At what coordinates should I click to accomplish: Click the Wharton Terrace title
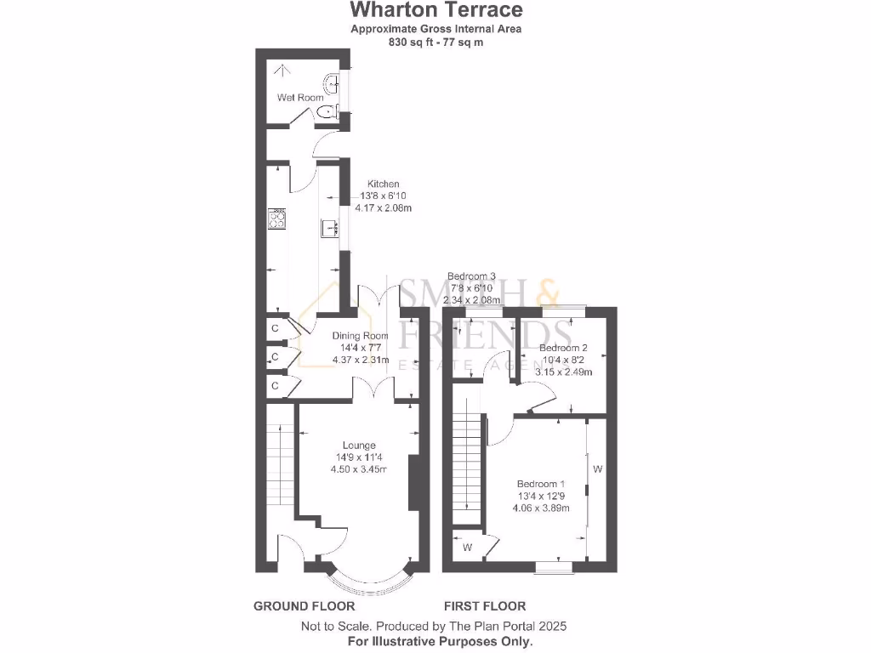pos(436,10)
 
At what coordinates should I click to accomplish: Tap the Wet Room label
pos(300,98)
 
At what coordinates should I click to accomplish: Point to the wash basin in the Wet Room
pos(333,83)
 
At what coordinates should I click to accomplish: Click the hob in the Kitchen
pos(277,219)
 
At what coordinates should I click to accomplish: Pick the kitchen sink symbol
pos(330,228)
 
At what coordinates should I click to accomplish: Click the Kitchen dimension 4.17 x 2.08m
pos(384,207)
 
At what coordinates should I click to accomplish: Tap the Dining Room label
pos(359,336)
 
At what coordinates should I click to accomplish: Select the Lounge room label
pos(359,446)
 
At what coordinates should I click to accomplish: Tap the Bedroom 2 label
pos(563,348)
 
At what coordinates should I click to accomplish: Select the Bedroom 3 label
pos(471,276)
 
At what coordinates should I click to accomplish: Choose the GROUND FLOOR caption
pos(304,606)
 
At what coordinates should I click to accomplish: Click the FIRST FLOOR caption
pos(484,606)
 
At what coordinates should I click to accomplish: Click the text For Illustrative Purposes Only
pos(440,641)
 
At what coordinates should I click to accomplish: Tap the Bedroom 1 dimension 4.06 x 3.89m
pos(540,508)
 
